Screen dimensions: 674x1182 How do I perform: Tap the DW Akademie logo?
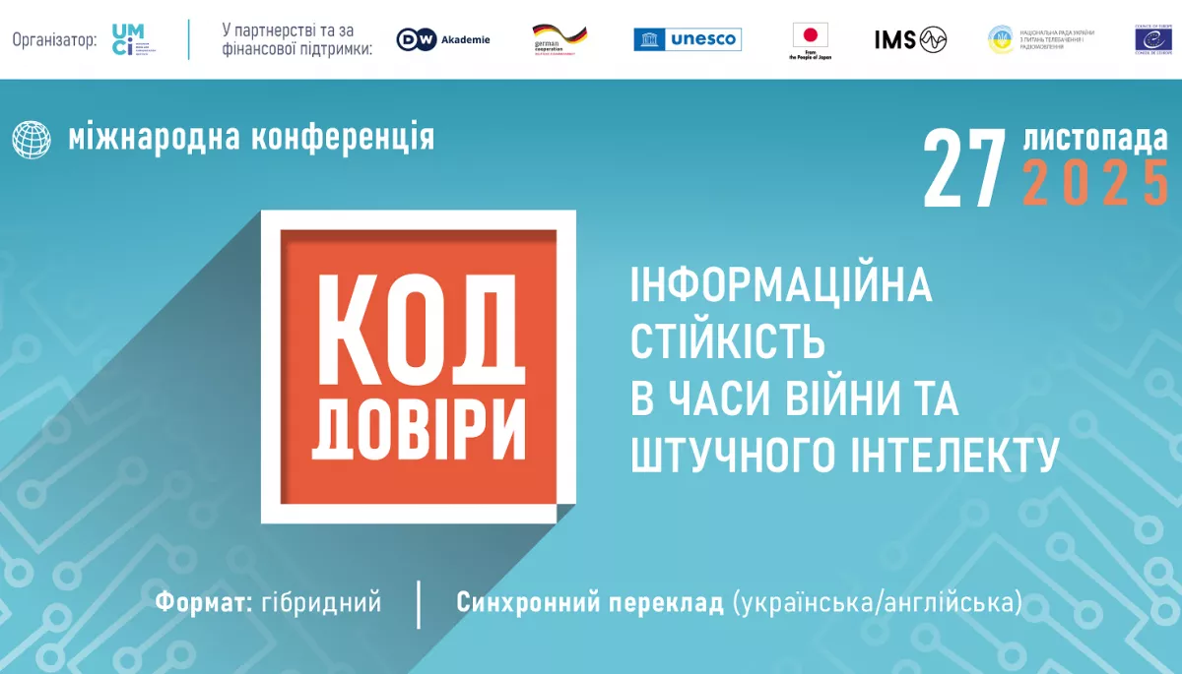click(443, 39)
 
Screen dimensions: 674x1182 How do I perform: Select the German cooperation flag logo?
click(559, 39)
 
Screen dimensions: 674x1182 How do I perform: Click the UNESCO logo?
click(688, 39)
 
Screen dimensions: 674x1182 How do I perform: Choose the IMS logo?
click(910, 39)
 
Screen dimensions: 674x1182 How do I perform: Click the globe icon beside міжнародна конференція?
click(32, 139)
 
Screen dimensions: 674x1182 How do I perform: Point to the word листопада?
click(1095, 138)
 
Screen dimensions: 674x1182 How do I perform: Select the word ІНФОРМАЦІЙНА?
click(781, 285)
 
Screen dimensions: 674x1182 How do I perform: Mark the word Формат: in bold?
click(202, 602)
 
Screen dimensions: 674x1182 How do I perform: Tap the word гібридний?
click(321, 602)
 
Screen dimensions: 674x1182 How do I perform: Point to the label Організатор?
click(55, 39)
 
